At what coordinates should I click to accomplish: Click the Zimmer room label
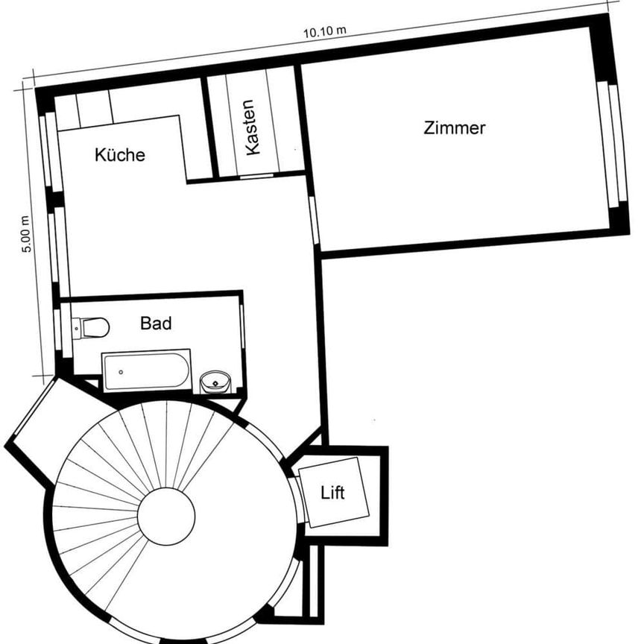point(454,128)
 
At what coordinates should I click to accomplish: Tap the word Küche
point(119,156)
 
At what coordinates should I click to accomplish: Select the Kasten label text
point(253,127)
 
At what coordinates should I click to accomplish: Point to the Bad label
point(156,323)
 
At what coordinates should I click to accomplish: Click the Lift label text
point(332,493)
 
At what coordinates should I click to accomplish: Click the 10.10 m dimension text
point(325,31)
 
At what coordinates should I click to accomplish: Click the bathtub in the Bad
point(147,370)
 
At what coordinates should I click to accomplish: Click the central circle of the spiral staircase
point(165,514)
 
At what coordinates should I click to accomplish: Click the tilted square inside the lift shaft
point(338,492)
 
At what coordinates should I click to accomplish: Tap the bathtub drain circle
point(121,370)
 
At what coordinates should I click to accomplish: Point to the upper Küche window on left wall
point(50,153)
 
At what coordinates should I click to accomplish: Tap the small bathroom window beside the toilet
point(57,332)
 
